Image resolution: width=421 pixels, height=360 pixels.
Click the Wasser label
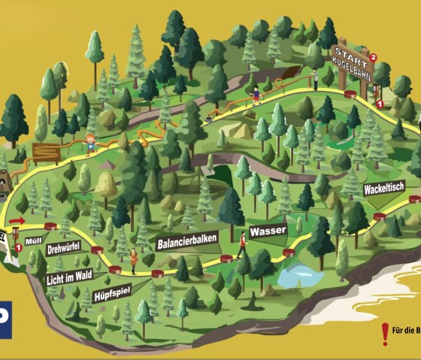click(x=268, y=230)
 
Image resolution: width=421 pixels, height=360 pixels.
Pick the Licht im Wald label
click(x=74, y=277)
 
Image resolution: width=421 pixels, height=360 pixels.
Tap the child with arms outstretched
click(x=90, y=141)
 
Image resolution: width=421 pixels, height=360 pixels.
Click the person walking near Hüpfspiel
click(x=133, y=260)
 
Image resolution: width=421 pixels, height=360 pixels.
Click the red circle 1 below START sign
click(x=380, y=103)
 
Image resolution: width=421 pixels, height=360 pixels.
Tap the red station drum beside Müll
click(x=51, y=225)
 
